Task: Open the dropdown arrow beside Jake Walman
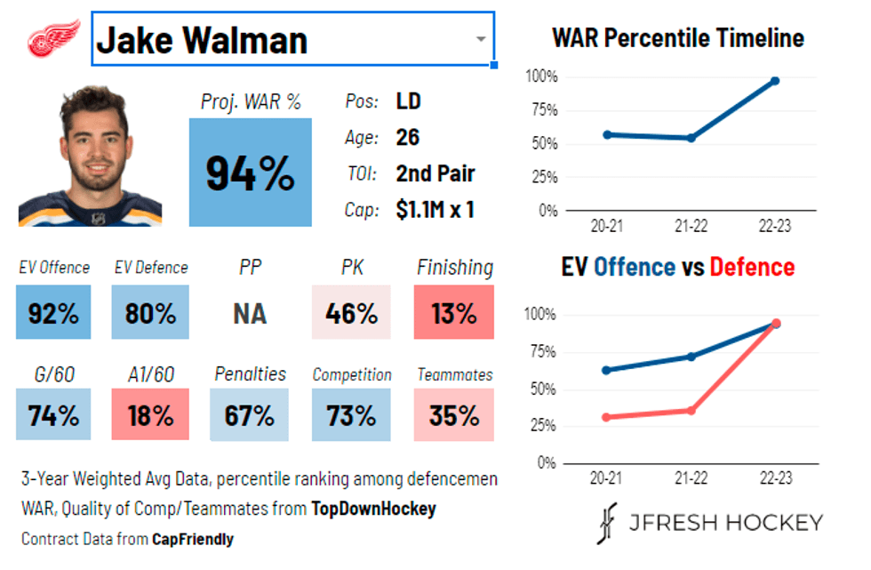480,39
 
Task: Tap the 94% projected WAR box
250,173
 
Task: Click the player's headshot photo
90,156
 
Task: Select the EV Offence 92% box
52,312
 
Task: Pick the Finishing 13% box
453,312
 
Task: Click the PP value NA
250,314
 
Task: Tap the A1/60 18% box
150,414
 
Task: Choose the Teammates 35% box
453,414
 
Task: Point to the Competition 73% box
351,414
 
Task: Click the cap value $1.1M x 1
435,210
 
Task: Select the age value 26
408,138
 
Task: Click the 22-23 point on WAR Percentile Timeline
775,81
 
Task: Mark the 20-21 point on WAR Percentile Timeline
607,134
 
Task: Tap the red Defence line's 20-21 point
607,417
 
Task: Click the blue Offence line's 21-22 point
691,357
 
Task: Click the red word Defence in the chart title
751,267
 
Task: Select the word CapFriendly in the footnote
193,539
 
